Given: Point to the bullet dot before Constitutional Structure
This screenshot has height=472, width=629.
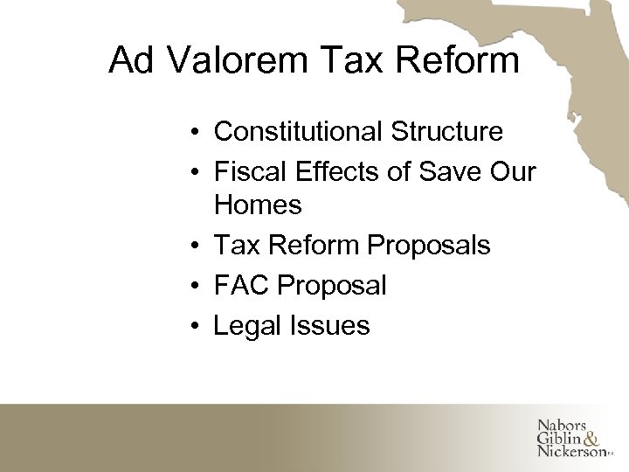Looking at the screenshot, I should [200, 133].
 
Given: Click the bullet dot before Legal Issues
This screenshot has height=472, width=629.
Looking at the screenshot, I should [200, 326].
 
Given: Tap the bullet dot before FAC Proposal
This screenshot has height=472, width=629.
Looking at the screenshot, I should [200, 286].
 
